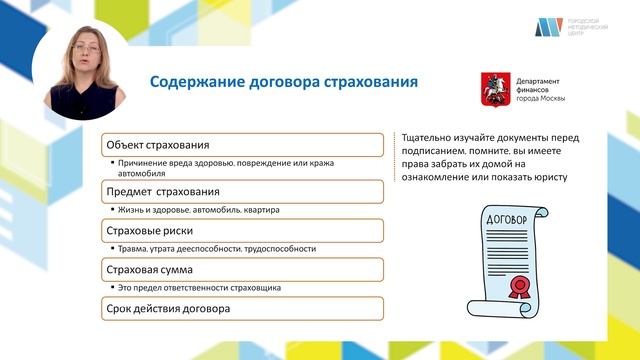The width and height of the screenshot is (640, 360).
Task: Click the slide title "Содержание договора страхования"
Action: click(x=283, y=81)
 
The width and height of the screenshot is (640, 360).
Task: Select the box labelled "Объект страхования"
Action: click(x=244, y=144)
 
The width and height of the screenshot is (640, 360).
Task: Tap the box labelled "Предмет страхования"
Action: click(x=244, y=191)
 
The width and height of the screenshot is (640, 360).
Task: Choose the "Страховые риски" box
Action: click(x=244, y=230)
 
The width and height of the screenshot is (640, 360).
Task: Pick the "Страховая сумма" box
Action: click(x=244, y=269)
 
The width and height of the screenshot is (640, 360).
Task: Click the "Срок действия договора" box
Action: click(x=244, y=308)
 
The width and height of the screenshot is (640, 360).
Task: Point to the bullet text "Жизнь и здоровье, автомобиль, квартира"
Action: click(x=200, y=211)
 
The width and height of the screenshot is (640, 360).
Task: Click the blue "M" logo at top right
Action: click(x=545, y=27)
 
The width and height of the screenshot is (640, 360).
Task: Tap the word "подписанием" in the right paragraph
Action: click(x=435, y=151)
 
